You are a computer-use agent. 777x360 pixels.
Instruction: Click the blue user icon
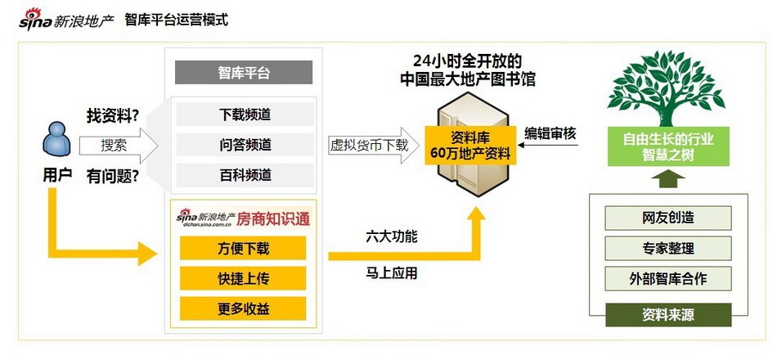tap(56, 140)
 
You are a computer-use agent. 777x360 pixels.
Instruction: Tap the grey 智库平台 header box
tap(243, 72)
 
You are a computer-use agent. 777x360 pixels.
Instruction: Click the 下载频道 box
tap(245, 115)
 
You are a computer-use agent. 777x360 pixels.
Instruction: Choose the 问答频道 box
tap(245, 145)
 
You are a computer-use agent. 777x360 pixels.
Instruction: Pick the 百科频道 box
tap(245, 175)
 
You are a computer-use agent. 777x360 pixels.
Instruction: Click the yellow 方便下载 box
tap(243, 248)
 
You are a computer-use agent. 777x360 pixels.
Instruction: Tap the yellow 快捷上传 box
tap(243, 278)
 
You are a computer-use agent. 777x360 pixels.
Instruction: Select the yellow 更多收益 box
tap(243, 308)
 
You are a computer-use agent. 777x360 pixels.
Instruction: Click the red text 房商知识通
tap(273, 218)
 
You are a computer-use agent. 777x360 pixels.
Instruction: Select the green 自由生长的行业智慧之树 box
tap(668, 146)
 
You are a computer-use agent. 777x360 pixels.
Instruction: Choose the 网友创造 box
tap(668, 218)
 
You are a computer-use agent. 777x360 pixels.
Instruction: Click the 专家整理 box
tap(668, 248)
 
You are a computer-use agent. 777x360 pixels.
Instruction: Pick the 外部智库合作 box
tap(668, 279)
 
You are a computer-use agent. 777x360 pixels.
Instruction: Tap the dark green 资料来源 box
tap(668, 315)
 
